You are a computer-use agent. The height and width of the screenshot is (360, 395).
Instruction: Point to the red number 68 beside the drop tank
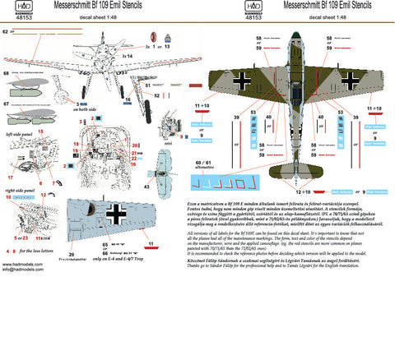[x=7, y=74]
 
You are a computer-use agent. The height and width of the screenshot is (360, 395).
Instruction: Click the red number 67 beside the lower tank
[x=7, y=104]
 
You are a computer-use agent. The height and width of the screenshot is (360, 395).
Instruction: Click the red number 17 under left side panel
[x=11, y=177]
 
